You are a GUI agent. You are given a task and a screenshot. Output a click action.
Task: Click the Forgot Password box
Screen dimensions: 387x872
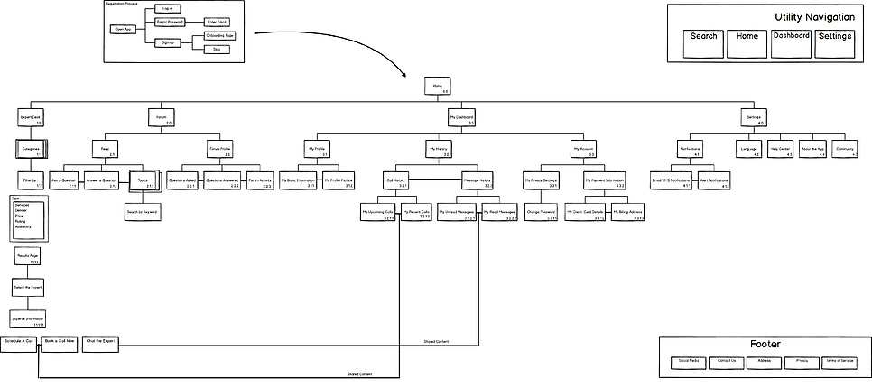pyautogui.click(x=169, y=20)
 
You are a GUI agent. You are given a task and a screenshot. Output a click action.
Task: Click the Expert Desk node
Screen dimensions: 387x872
pyautogui.click(x=31, y=118)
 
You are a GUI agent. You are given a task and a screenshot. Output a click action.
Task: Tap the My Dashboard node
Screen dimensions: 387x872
pyautogui.click(x=462, y=118)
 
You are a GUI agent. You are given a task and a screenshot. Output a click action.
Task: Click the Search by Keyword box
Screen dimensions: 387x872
pyautogui.click(x=142, y=211)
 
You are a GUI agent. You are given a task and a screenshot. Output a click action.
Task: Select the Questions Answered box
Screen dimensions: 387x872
pyautogui.click(x=221, y=180)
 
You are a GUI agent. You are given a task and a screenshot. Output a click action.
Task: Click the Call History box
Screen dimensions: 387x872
pyautogui.click(x=396, y=180)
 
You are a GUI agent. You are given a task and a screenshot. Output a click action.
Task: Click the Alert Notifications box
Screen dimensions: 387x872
pyautogui.click(x=714, y=180)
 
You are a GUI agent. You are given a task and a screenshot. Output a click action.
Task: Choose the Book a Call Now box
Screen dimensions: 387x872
pyautogui.click(x=60, y=344)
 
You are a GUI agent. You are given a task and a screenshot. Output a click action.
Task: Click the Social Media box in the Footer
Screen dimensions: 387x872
pyautogui.click(x=688, y=362)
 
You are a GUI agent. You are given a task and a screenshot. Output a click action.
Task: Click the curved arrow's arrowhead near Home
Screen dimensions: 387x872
pyautogui.click(x=420, y=79)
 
